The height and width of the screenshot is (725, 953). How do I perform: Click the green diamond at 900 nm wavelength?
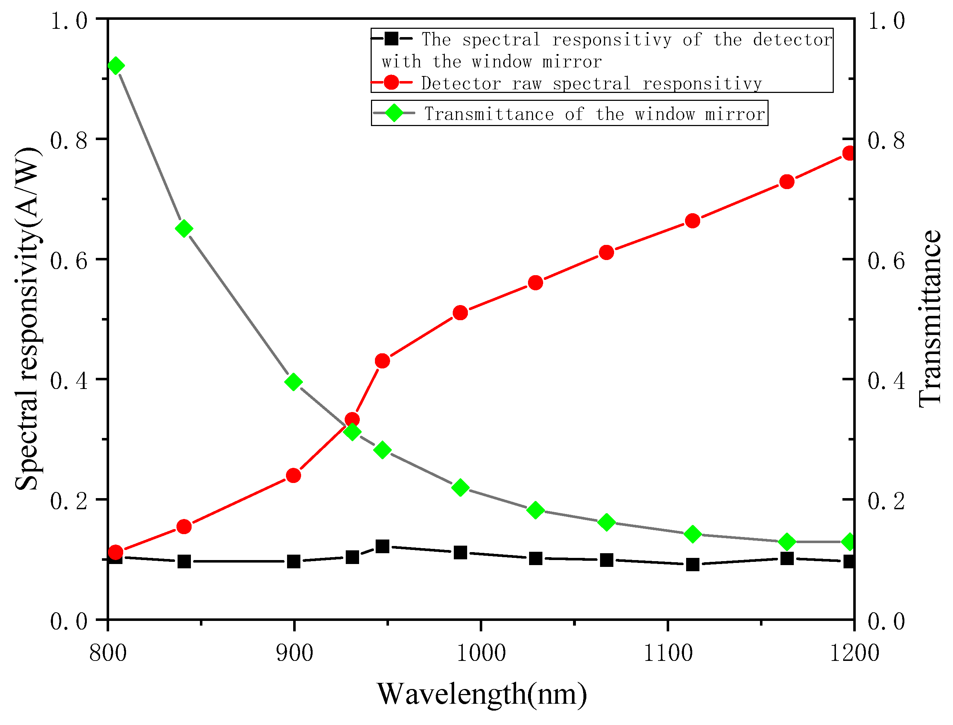click(x=294, y=382)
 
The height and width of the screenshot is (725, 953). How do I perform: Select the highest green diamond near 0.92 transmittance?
click(x=115, y=66)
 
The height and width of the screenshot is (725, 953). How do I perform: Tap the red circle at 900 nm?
click(x=294, y=475)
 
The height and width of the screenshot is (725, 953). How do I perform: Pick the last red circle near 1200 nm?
click(x=849, y=153)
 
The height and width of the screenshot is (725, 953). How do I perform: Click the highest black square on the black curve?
click(x=382, y=547)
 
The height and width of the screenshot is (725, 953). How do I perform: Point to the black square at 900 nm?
click(x=294, y=561)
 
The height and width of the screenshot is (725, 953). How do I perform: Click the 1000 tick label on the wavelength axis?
click(x=481, y=653)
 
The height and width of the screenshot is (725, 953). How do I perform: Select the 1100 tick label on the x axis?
click(x=668, y=653)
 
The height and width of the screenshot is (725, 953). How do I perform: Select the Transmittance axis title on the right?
click(x=930, y=319)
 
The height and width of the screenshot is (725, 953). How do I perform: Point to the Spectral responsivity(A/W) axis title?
click(x=28, y=319)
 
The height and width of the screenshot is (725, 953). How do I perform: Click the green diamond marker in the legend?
click(x=394, y=113)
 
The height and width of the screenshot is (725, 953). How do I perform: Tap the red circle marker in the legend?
click(x=392, y=82)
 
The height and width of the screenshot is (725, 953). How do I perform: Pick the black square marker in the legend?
click(x=392, y=39)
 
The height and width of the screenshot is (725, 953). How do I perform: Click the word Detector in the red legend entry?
click(x=461, y=84)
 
